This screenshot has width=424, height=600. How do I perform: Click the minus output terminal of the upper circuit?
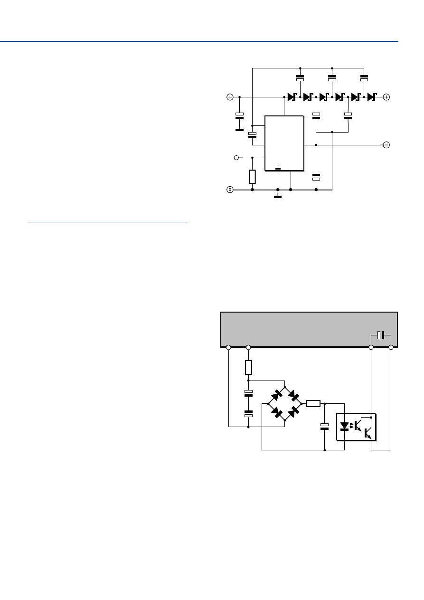tap(386, 145)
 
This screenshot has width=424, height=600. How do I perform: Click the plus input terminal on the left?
tap(230, 97)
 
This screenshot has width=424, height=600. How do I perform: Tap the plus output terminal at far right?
tap(386, 97)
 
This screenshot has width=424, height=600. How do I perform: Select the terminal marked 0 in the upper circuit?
tap(230, 190)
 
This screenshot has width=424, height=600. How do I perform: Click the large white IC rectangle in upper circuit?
tap(284, 143)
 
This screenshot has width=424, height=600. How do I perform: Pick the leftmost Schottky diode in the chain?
tap(292, 97)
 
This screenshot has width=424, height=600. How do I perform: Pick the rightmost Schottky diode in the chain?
tap(371, 97)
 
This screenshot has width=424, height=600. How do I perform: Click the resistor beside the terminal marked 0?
tap(252, 177)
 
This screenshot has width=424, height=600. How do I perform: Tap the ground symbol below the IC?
tap(278, 196)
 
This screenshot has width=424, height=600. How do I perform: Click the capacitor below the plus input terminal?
tap(239, 116)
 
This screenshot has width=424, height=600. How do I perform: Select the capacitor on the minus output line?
tap(316, 177)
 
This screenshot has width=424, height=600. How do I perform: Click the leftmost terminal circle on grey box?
tap(228, 347)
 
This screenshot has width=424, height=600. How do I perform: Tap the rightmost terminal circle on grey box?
tap(391, 347)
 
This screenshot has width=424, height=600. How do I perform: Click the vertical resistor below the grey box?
tap(248, 367)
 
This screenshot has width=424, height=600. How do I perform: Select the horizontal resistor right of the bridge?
tap(313, 404)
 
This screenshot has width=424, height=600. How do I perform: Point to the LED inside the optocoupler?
tap(345, 426)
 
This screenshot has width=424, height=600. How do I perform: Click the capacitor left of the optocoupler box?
tap(324, 426)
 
